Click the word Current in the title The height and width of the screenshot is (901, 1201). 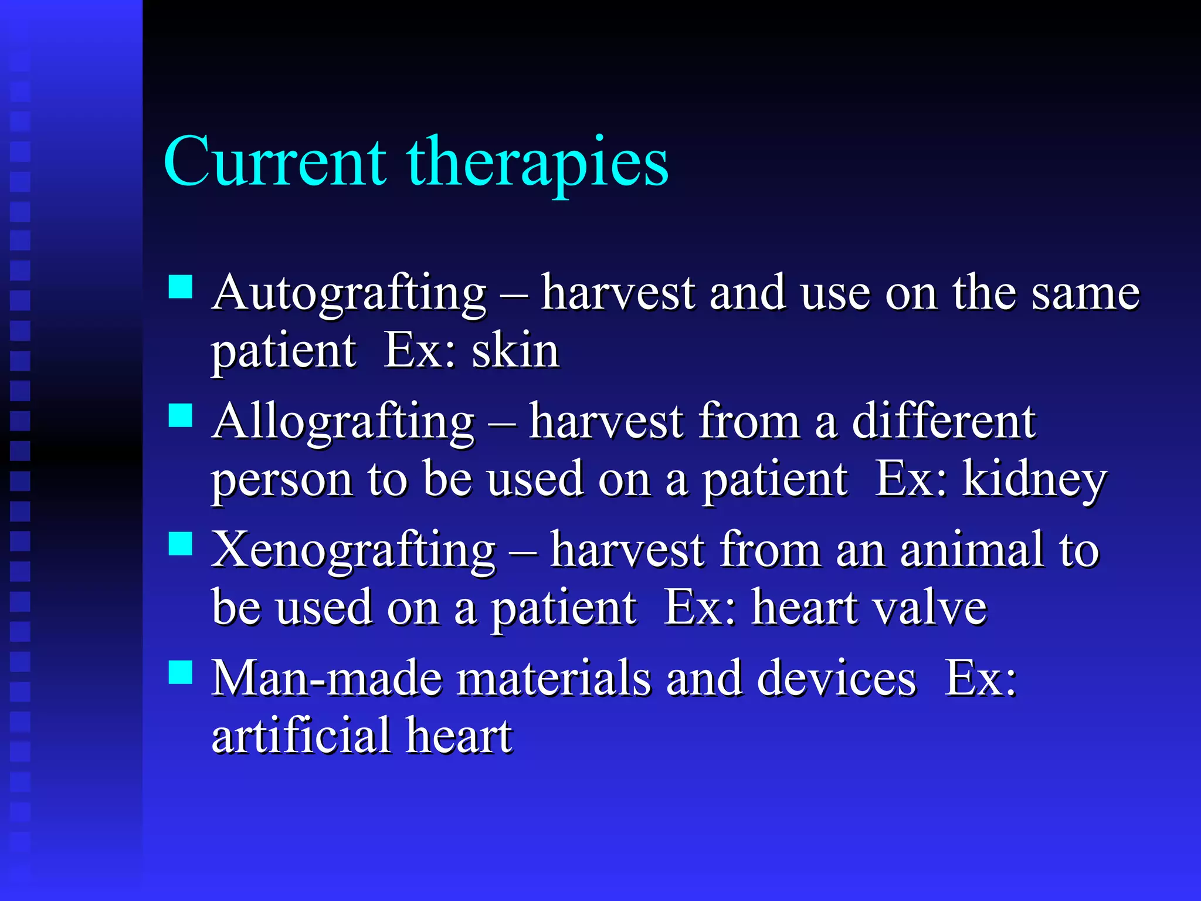click(274, 162)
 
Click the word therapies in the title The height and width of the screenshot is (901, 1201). click(537, 163)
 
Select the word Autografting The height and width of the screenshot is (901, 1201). click(350, 293)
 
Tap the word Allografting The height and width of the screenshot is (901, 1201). click(344, 422)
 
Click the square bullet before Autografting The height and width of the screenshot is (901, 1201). click(181, 287)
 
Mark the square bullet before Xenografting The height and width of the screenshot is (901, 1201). click(181, 544)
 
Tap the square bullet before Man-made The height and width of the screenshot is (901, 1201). click(181, 672)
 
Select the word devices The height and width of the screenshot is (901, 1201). click(836, 679)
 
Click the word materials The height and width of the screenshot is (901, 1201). click(554, 679)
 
